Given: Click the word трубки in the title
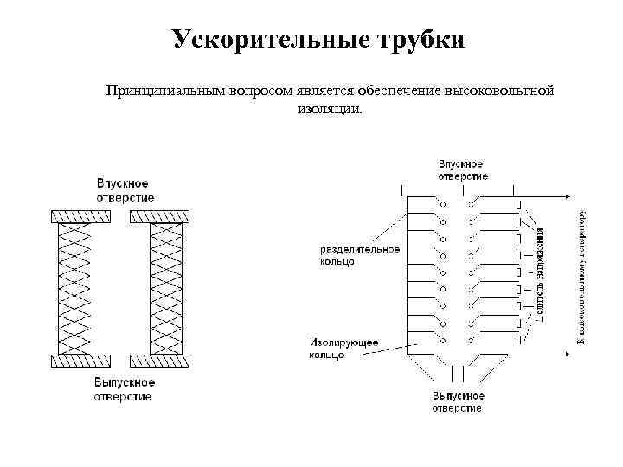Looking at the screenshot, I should [x=421, y=40].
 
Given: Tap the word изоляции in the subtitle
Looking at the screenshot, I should [x=330, y=110].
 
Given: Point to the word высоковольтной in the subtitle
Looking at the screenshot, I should [x=498, y=91].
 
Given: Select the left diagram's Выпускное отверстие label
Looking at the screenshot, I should [x=125, y=389].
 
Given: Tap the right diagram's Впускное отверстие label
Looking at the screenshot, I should [x=462, y=170].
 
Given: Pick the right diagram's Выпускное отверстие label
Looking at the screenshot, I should [x=459, y=401].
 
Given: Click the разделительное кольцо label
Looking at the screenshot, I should [x=359, y=255].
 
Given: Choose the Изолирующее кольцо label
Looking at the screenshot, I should [x=342, y=349].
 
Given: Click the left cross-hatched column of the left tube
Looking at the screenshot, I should [x=74, y=288].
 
